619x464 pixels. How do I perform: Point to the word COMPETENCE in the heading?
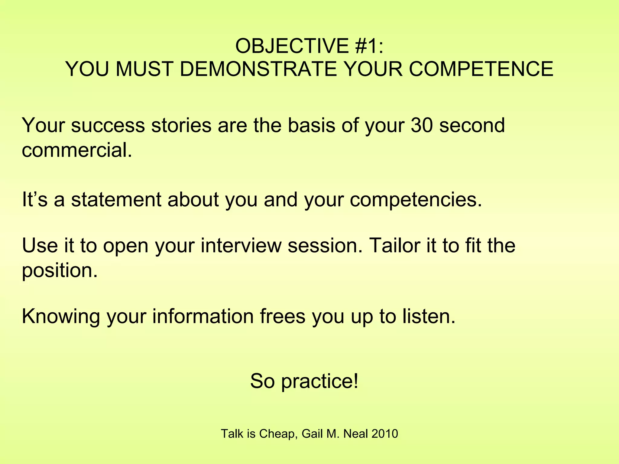point(481,69)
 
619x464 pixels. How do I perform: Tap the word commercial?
point(77,150)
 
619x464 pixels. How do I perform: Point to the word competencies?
point(416,200)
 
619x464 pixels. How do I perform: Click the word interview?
point(241,245)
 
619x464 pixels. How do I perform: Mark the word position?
point(60,270)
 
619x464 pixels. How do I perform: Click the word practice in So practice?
point(320,382)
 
